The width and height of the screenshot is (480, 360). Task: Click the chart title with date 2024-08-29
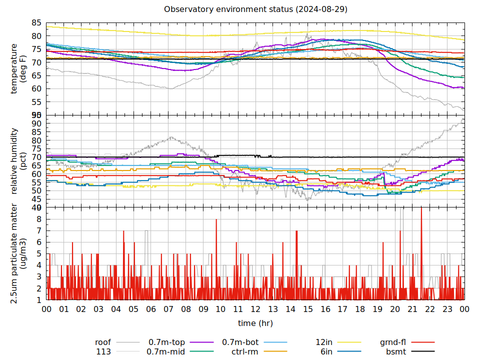click(x=255, y=9)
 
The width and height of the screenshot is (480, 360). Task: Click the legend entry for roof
click(x=103, y=342)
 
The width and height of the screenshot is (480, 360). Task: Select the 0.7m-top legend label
click(x=166, y=342)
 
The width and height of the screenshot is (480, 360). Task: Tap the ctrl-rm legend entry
click(x=244, y=351)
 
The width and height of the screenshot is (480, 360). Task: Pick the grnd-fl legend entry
click(x=392, y=342)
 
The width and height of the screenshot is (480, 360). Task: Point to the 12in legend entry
click(x=324, y=342)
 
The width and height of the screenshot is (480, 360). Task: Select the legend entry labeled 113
click(x=103, y=351)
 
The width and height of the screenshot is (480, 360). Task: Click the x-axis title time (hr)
click(x=255, y=323)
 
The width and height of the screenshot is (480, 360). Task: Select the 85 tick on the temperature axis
click(x=36, y=23)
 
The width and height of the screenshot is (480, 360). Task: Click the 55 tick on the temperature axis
click(x=36, y=102)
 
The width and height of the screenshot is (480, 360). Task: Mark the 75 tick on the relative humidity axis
click(x=36, y=148)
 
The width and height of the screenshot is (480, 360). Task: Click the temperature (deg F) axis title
click(x=18, y=68)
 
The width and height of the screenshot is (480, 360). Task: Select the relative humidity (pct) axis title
click(x=18, y=161)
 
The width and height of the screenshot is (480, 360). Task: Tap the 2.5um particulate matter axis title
click(x=18, y=253)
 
